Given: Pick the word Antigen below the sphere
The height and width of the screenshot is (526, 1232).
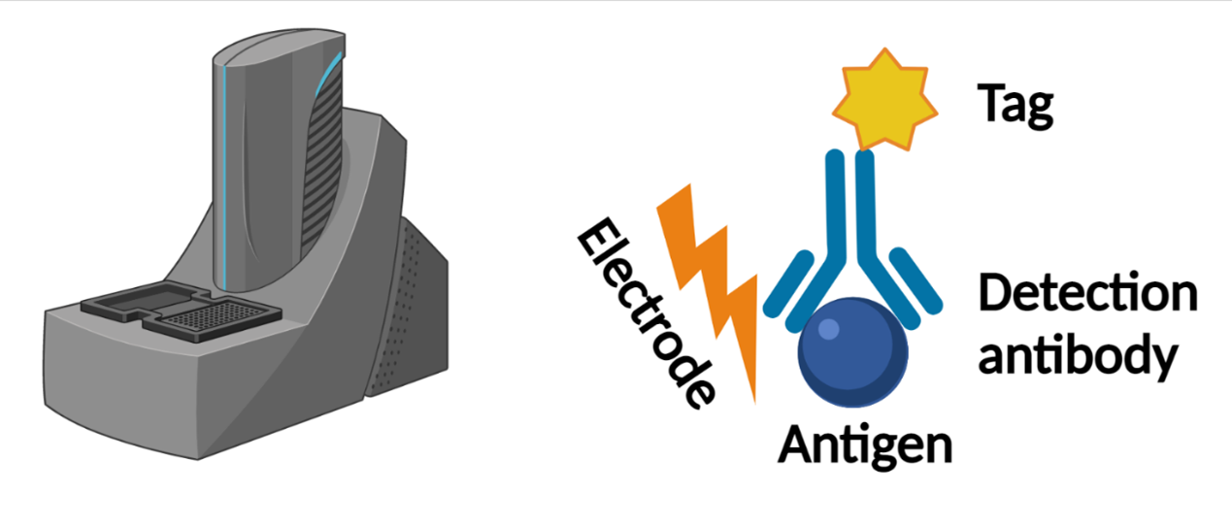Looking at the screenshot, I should point(865,447).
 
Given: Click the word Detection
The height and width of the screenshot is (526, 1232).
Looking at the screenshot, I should point(1087,293).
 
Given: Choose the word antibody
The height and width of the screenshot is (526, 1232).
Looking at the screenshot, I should point(1078,356).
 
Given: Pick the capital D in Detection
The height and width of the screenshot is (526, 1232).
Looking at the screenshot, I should point(995,293).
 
